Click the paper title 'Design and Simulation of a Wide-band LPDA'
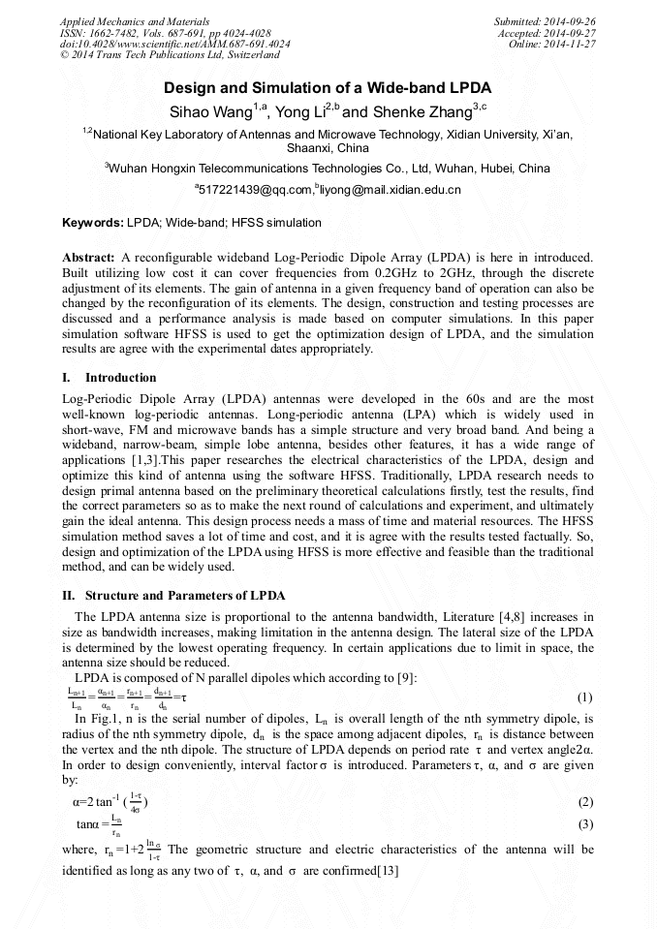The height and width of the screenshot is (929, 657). [x=328, y=87]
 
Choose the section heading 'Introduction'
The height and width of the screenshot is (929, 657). [x=120, y=377]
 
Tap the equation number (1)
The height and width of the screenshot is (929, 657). [x=584, y=697]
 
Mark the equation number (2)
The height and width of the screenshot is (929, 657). [x=584, y=803]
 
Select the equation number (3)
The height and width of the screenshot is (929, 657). [x=584, y=824]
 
